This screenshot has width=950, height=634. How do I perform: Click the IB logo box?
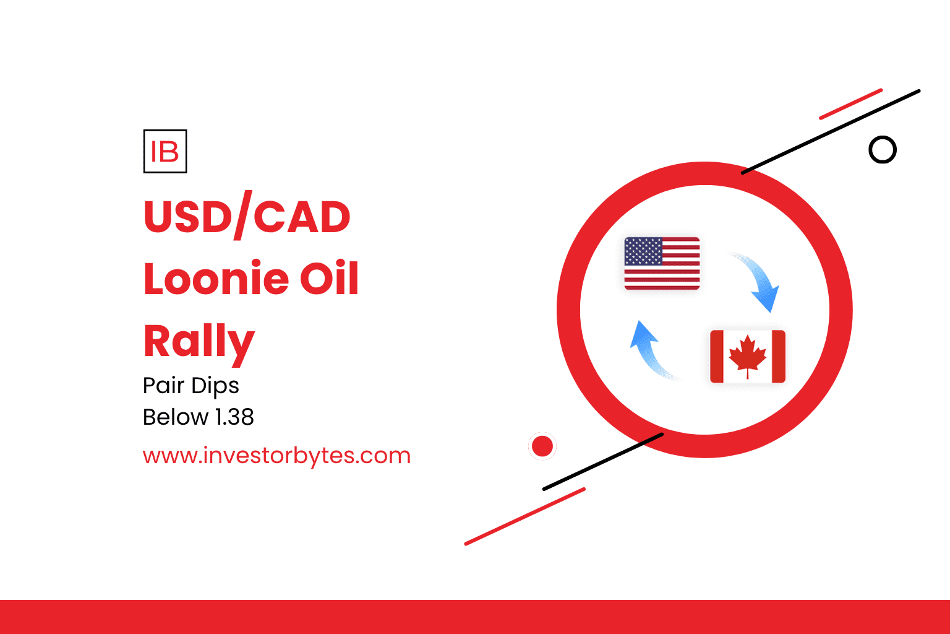(x=165, y=151)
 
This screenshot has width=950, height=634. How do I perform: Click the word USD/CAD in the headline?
(x=247, y=215)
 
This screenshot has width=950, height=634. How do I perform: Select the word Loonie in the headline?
(x=216, y=278)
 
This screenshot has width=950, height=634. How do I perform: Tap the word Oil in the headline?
(x=329, y=278)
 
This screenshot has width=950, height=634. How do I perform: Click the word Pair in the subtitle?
(x=164, y=386)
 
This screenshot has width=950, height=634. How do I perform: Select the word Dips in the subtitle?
(x=215, y=386)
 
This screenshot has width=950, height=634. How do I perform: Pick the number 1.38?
(x=235, y=417)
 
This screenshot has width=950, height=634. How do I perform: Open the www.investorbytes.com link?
(x=276, y=456)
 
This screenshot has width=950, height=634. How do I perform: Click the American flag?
(x=662, y=264)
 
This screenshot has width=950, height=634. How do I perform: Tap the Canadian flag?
(x=748, y=356)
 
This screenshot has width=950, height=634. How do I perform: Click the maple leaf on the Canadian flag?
(x=748, y=356)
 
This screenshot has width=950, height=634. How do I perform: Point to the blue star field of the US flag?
(x=643, y=251)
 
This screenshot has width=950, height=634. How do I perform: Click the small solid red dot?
(x=542, y=446)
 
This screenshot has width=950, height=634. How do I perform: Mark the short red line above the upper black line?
(x=851, y=104)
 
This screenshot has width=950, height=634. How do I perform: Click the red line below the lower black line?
(x=525, y=516)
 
